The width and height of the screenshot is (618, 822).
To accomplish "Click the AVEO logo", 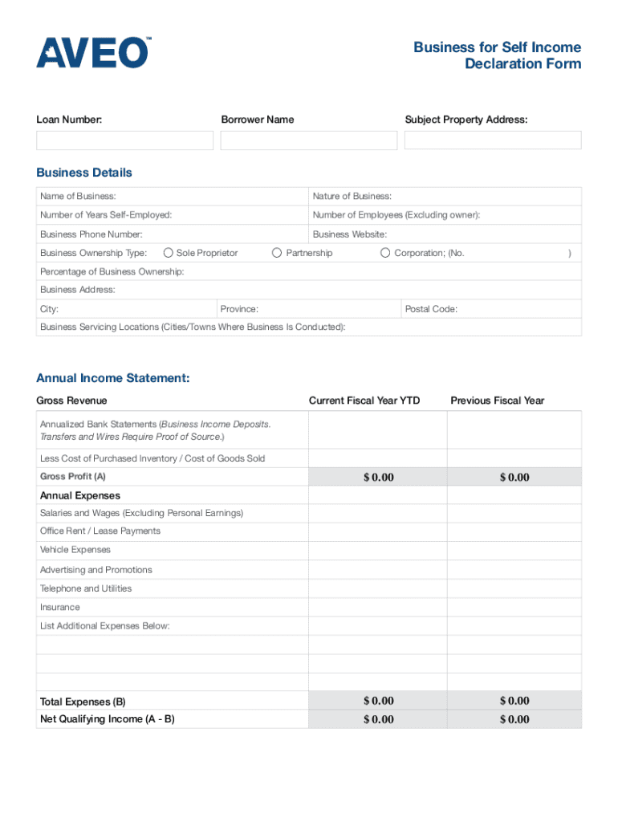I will click(x=92, y=52).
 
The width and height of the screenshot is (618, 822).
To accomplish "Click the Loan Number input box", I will click(x=124, y=140).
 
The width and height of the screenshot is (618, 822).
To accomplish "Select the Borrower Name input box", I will click(x=309, y=140).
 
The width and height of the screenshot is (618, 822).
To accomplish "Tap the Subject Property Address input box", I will click(x=493, y=140).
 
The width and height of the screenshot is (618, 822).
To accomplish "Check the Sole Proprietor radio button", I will click(x=169, y=253).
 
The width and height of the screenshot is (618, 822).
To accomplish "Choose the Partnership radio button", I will click(x=278, y=253).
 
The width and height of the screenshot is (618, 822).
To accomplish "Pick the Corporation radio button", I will click(x=386, y=253).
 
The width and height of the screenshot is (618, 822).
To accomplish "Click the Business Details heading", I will click(x=84, y=173).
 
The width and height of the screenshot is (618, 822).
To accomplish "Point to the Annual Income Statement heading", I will click(x=113, y=378).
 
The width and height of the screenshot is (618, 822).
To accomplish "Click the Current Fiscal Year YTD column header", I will click(x=364, y=401).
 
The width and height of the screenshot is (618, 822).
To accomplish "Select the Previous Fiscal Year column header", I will click(x=498, y=401).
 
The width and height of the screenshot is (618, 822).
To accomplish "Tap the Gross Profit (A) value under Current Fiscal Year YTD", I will click(x=378, y=477).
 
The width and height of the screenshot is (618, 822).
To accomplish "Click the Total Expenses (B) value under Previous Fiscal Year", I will click(x=514, y=701).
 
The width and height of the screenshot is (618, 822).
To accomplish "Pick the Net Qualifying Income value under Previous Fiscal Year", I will click(x=514, y=719).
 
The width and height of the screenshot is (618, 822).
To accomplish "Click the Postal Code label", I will click(x=431, y=309).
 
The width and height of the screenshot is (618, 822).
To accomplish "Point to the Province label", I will click(x=239, y=309).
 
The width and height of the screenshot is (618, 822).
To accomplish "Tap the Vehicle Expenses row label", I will click(x=75, y=550).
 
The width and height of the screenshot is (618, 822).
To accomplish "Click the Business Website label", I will click(x=350, y=234).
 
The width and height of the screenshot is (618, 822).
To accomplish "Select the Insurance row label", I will click(x=60, y=608).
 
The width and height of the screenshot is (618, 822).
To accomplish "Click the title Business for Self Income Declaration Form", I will click(x=498, y=55).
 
